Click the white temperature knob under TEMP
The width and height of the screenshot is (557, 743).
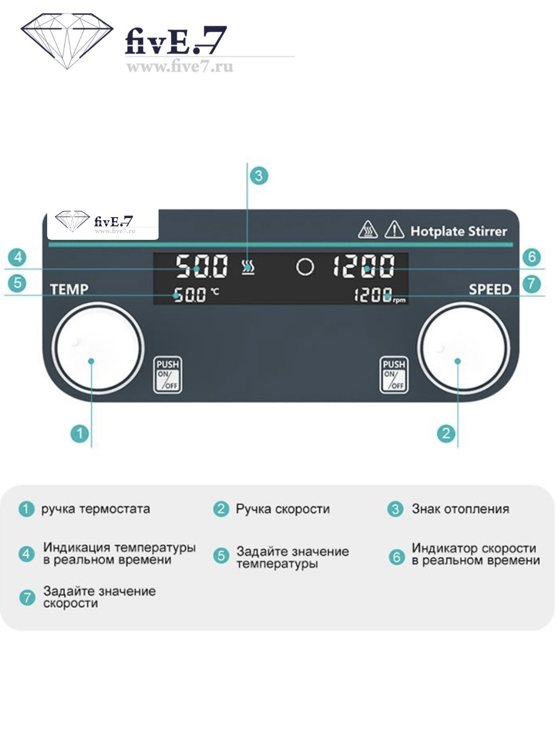point(98,347)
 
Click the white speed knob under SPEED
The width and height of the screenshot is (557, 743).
point(464,347)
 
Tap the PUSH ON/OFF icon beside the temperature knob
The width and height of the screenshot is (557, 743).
point(168,375)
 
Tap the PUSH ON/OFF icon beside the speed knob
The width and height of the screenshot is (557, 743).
point(394,375)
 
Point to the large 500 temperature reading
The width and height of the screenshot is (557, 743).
point(202,266)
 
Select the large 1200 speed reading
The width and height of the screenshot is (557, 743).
point(364,266)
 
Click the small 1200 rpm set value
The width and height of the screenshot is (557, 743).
point(373,295)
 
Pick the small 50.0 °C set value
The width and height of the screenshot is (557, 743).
point(190,295)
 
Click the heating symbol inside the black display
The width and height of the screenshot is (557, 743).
point(249,267)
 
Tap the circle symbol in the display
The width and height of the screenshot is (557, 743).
point(305,267)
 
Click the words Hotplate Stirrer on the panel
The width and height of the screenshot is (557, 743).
point(459,231)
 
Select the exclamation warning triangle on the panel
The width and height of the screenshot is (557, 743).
point(394,230)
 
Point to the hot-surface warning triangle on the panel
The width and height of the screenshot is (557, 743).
point(368,230)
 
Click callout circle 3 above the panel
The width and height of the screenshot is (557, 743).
point(259,176)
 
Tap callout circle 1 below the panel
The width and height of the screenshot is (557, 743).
point(80,433)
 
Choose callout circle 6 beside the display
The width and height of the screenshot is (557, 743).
point(532,257)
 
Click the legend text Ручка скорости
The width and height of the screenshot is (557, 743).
point(282,509)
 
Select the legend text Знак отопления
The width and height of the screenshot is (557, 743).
point(460,509)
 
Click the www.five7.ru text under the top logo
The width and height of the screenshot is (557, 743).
point(179,67)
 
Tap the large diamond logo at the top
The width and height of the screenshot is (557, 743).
point(67,40)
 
